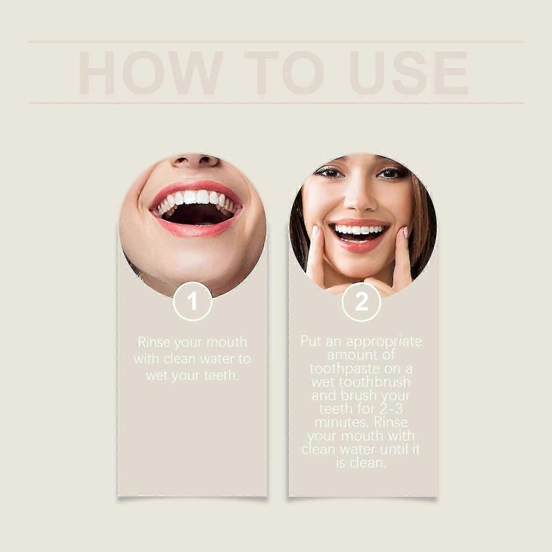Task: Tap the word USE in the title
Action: coord(408,73)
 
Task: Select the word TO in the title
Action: coord(284,73)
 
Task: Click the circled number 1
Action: coord(192,301)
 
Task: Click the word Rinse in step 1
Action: coord(154,342)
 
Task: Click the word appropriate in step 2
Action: coord(384,342)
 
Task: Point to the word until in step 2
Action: coord(389,449)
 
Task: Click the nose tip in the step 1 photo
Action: coord(195,160)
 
